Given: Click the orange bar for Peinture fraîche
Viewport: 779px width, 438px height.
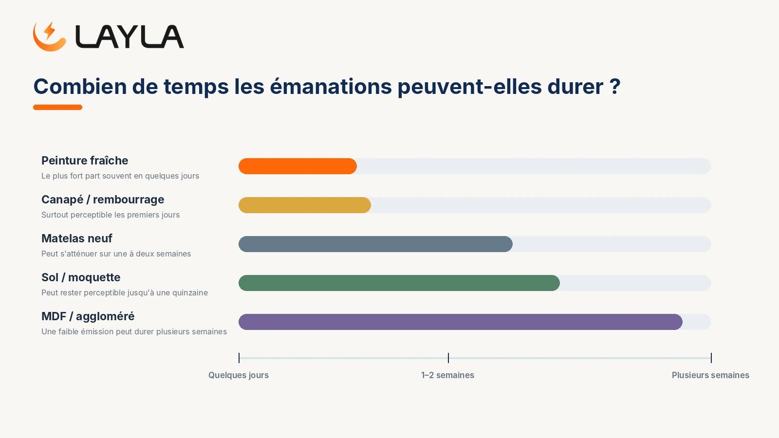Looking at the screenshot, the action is [297, 166].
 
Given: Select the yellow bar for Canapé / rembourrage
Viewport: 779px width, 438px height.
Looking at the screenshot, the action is [305, 205].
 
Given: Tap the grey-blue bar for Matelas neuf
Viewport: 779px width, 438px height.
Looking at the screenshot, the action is [375, 244].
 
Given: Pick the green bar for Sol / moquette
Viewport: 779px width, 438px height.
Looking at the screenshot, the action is [399, 283].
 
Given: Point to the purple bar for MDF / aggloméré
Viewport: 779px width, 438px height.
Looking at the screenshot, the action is [461, 322].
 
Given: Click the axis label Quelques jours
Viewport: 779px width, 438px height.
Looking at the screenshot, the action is [239, 375].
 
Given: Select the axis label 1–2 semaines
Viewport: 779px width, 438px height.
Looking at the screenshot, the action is [447, 375].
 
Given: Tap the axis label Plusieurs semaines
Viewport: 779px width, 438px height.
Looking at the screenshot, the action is [710, 375].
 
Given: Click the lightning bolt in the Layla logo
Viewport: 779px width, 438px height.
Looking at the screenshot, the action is [49, 30].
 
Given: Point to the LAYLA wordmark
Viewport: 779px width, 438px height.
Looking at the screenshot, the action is [130, 36].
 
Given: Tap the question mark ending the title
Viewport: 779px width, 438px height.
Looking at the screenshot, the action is [615, 86].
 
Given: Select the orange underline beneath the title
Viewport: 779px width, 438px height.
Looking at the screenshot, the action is [58, 108].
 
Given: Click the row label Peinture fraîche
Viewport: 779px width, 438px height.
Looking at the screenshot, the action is [85, 161].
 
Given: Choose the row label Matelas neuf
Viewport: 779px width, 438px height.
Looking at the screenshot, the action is [77, 238].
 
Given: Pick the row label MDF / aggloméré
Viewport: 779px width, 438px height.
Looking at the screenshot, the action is [88, 316].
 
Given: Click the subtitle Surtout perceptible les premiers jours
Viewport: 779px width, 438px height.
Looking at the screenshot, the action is [111, 215].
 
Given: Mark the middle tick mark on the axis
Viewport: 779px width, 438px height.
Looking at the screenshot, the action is [448, 358].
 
